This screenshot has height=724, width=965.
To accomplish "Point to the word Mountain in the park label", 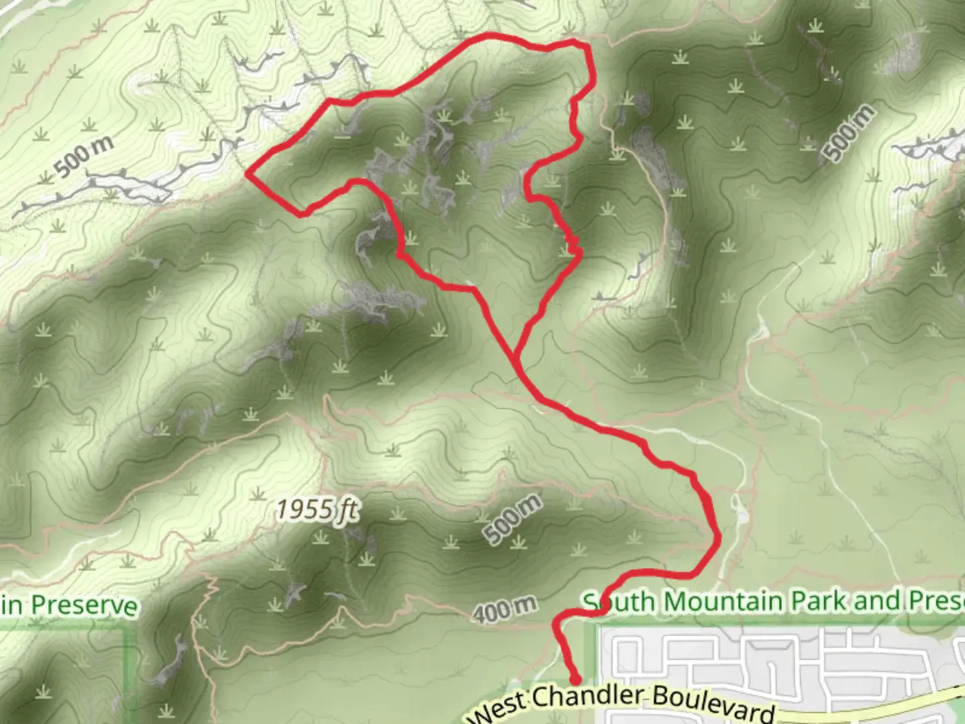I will pyautogui.click(x=722, y=601).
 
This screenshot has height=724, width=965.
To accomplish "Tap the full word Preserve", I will pyautogui.click(x=84, y=605).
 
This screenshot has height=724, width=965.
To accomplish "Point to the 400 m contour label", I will pyautogui.click(x=504, y=609).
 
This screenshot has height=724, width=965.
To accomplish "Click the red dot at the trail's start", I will pyautogui.click(x=575, y=681).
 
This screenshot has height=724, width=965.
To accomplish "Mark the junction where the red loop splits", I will pyautogui.click(x=517, y=355).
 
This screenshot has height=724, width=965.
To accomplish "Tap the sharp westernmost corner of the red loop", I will pyautogui.click(x=247, y=174).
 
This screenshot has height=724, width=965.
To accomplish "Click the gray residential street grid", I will pyautogui.click(x=771, y=664).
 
